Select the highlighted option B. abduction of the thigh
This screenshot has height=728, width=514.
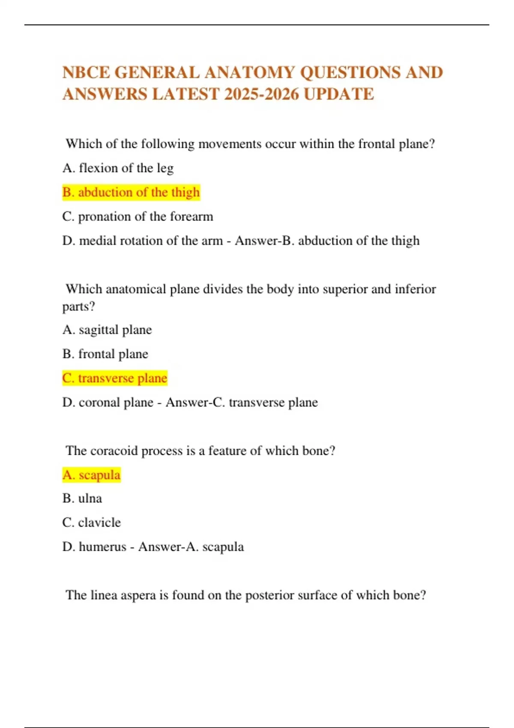point(131,192)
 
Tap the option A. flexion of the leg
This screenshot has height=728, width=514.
point(118,168)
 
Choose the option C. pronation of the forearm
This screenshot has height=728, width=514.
point(137,217)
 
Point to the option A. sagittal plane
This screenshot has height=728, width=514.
point(107,330)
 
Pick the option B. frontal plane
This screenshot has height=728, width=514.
point(105,354)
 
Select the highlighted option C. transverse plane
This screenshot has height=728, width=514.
point(115,378)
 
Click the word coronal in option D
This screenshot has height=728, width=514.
point(98,403)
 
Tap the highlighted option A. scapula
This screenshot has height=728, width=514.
point(92,475)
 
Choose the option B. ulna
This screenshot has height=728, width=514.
point(82,498)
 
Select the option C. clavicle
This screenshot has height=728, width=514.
point(92,522)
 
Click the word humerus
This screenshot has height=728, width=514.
point(103,547)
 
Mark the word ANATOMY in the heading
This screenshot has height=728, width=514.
point(250,72)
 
